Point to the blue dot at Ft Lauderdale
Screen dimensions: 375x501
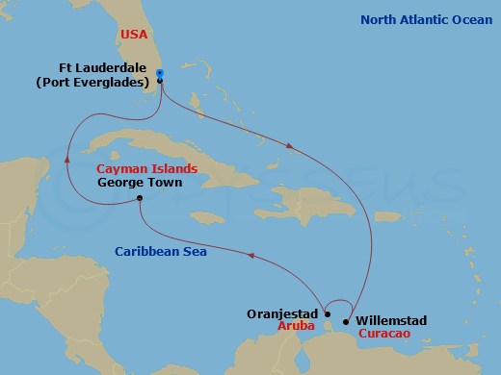pos(160,73)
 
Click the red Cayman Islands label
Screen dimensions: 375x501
pos(147,168)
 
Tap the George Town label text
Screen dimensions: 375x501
pos(137,182)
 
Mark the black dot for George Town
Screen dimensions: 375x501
pos(141,199)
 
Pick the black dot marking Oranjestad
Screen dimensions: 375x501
pos(328,313)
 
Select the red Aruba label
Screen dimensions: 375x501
pos(299,326)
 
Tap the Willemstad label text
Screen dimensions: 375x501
pos(390,320)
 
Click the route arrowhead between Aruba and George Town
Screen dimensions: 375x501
pos(251,256)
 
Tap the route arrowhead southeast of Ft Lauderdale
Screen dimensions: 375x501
pos(290,145)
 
